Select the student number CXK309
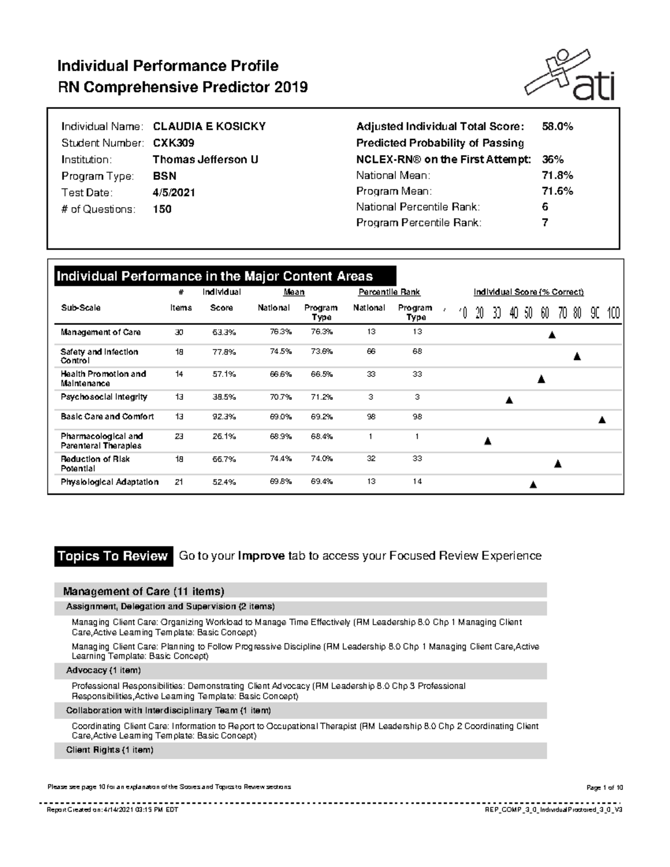(x=174, y=143)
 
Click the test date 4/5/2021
(x=174, y=193)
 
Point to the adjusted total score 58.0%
(x=557, y=126)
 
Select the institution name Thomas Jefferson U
(x=205, y=159)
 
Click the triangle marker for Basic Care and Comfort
(x=601, y=420)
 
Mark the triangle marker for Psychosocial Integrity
(x=509, y=400)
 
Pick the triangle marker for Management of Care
(x=552, y=335)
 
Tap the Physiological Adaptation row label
(x=109, y=482)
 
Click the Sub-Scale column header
(x=80, y=308)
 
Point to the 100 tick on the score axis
(x=613, y=313)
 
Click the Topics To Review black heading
(x=113, y=556)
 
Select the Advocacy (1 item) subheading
(x=103, y=670)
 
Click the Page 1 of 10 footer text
(x=604, y=788)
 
